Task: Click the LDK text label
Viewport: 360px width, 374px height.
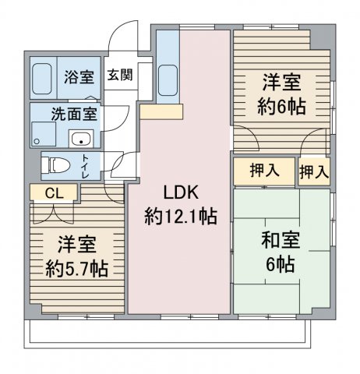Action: (180, 192)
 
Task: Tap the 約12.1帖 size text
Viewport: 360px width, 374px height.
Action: (180, 216)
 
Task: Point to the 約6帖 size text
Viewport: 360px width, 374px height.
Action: (279, 107)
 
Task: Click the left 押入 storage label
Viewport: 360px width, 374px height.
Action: (263, 171)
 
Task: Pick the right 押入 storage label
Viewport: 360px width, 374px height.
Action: (313, 171)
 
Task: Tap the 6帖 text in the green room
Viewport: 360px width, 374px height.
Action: (279, 263)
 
